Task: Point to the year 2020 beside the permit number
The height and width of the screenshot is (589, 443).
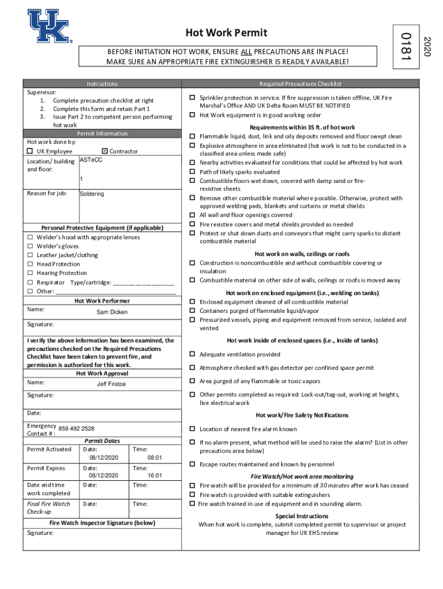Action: (x=426, y=46)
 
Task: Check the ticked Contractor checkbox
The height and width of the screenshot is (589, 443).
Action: (x=105, y=151)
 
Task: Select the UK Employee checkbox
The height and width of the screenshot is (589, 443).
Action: (x=30, y=151)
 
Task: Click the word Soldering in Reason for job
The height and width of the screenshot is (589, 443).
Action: (x=92, y=194)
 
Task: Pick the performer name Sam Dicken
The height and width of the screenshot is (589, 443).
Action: (x=112, y=312)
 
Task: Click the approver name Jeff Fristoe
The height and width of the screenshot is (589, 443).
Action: (x=111, y=384)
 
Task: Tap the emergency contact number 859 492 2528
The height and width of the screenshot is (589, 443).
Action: (x=77, y=429)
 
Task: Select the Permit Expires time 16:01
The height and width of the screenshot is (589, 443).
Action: (x=155, y=476)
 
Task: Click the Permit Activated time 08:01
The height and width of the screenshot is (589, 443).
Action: (x=155, y=457)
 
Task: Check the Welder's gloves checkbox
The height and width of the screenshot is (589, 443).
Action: (x=29, y=246)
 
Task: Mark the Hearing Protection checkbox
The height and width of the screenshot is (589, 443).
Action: (x=29, y=273)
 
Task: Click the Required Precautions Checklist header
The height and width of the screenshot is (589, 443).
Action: (x=300, y=84)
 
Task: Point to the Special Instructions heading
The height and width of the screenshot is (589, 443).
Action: (x=302, y=516)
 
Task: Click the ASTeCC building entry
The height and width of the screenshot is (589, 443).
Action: (x=91, y=159)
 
